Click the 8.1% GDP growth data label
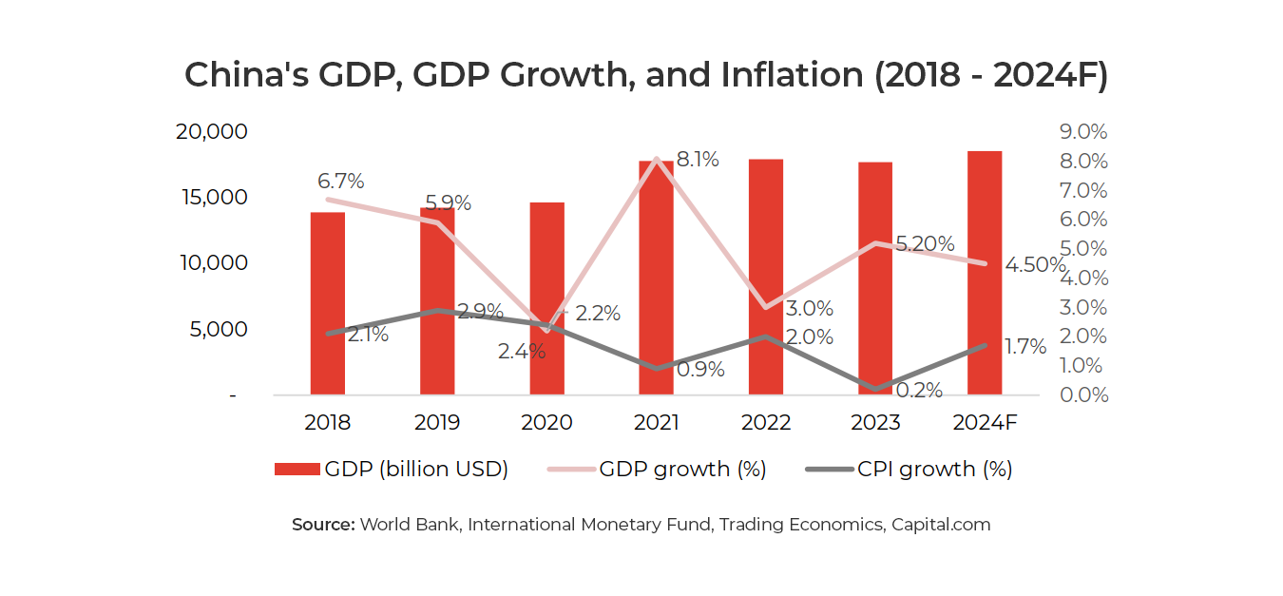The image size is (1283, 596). (x=697, y=160)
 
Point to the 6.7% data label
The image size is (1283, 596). (x=341, y=181)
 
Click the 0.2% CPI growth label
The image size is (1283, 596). (x=919, y=390)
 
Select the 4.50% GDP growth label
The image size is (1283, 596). (x=1033, y=265)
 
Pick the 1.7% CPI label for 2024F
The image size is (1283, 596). (x=1024, y=347)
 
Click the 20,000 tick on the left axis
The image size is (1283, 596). (x=212, y=132)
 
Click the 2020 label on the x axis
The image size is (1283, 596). (x=546, y=422)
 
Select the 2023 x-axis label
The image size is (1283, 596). (x=875, y=422)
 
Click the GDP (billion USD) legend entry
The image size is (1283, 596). (x=392, y=470)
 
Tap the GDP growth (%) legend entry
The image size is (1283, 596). (x=657, y=470)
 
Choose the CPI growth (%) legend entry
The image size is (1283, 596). (x=909, y=470)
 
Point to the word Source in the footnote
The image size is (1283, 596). (x=322, y=525)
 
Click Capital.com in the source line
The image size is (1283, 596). (x=941, y=525)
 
